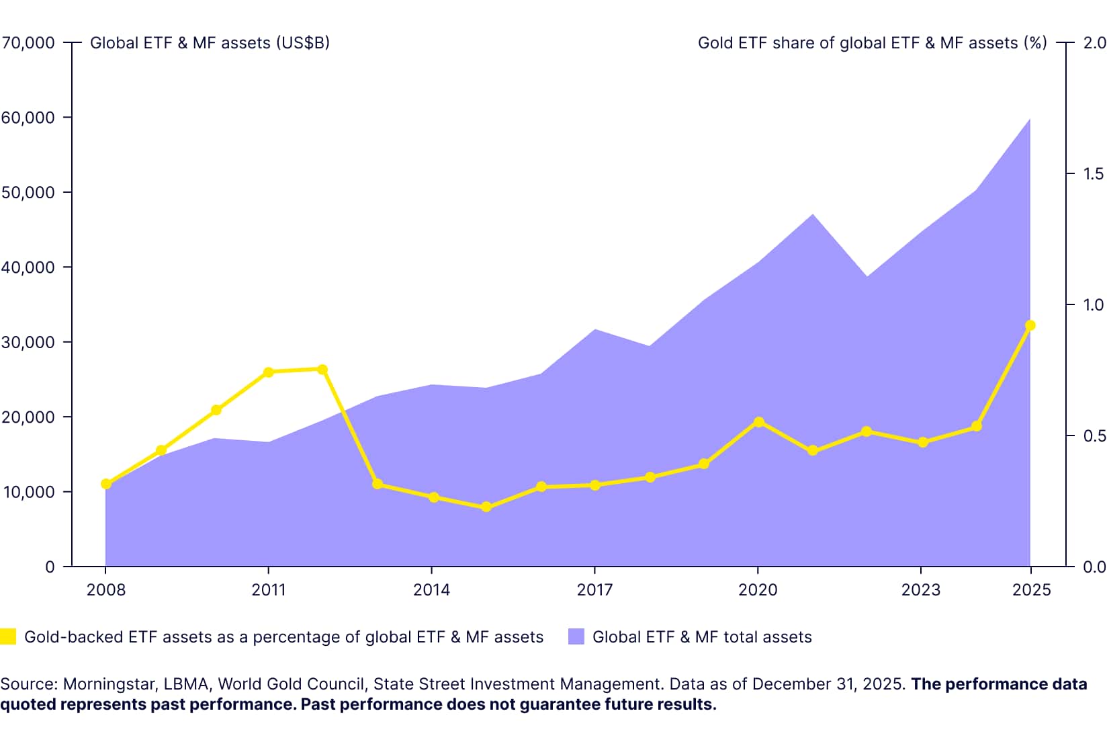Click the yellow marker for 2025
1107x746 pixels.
[1030, 326]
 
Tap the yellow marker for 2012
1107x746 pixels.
[322, 370]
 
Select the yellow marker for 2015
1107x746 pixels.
[487, 507]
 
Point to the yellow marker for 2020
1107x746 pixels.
[759, 422]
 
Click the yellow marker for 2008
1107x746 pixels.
[106, 484]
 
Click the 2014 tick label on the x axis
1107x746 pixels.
[431, 590]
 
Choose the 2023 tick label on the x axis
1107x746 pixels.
[920, 590]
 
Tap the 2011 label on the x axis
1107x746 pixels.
[269, 590]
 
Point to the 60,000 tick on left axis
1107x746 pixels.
[28, 118]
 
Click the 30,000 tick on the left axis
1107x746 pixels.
[28, 342]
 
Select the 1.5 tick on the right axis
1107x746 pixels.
[1094, 174]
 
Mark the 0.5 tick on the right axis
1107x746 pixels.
[1094, 436]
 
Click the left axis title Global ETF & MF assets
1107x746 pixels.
[210, 43]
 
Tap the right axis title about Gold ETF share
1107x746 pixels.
[872, 43]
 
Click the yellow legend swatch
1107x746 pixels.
[8, 636]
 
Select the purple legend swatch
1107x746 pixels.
[576, 636]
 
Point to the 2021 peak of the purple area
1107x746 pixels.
[813, 215]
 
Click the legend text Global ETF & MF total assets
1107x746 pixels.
[702, 637]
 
